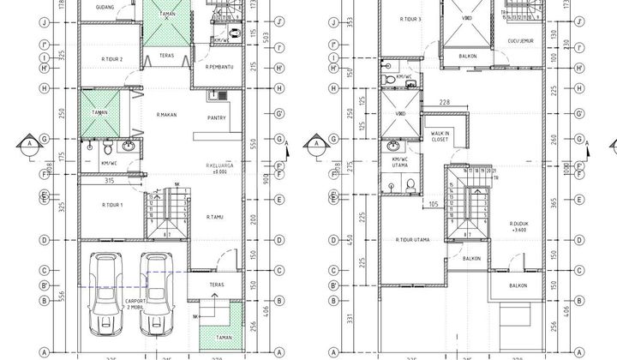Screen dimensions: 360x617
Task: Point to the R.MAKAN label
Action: click(166, 113)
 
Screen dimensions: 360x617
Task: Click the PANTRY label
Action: click(217, 118)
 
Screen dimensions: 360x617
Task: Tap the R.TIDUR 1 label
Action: click(112, 206)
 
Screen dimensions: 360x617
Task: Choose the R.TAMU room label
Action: click(215, 217)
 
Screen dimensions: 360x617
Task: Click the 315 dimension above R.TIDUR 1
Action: click(109, 181)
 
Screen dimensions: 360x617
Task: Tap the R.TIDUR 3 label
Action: click(411, 18)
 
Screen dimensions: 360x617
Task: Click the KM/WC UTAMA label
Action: click(400, 163)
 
